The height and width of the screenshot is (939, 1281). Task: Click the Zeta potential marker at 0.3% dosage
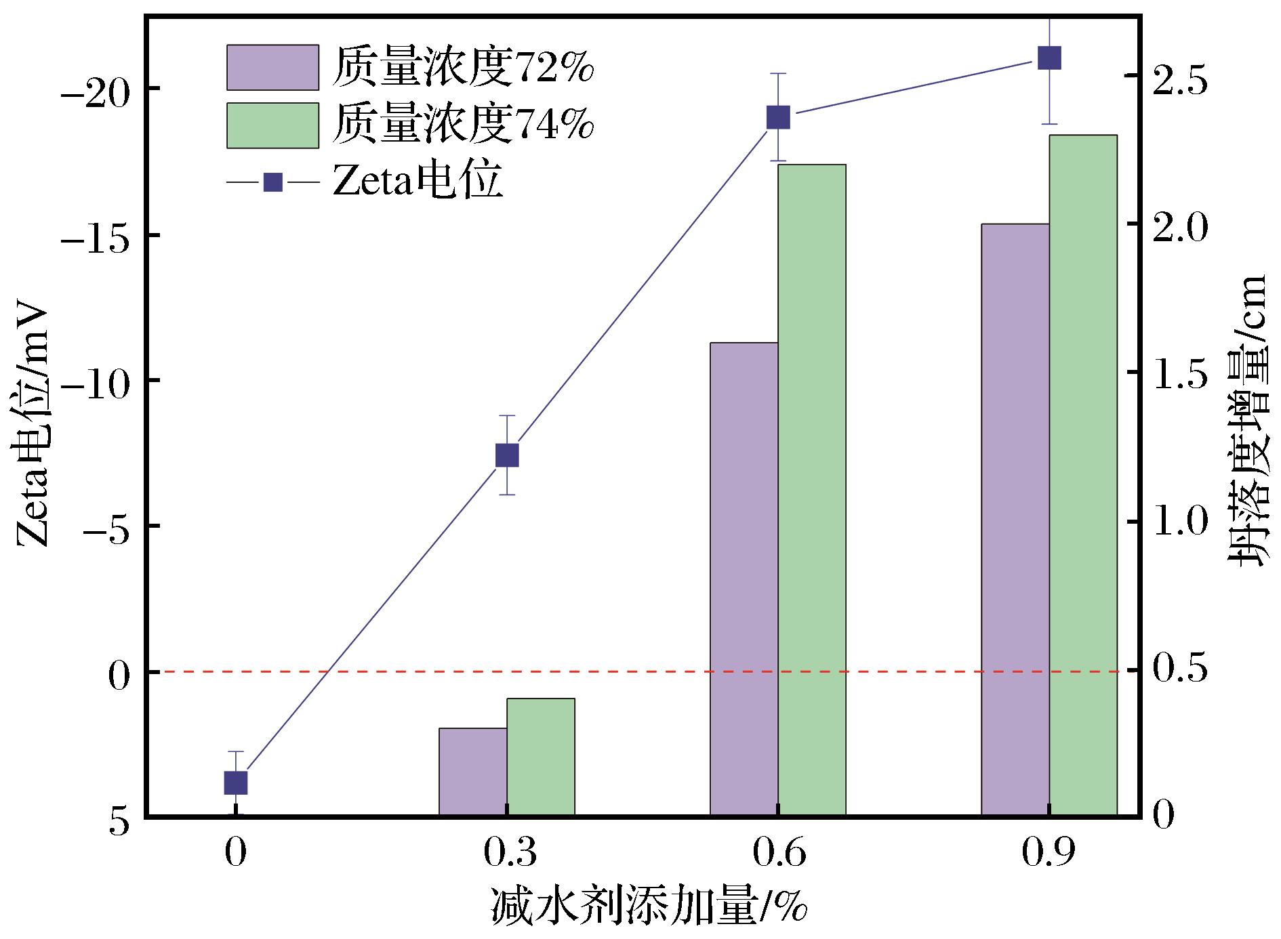[x=507, y=456]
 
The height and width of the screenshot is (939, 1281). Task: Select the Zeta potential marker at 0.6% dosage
[x=778, y=117]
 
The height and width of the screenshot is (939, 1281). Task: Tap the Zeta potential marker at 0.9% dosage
[x=1049, y=58]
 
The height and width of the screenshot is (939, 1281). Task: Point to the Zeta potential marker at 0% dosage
[x=235, y=782]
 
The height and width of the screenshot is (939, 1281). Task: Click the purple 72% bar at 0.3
[x=473, y=772]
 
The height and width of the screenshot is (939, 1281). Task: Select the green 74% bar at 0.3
[x=541, y=757]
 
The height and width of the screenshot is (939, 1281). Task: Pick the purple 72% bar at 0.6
[x=744, y=579]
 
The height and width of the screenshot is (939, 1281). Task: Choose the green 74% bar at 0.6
[x=812, y=490]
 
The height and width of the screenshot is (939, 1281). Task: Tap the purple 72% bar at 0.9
[x=1015, y=520]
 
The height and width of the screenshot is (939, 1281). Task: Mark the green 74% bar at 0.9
[x=1083, y=475]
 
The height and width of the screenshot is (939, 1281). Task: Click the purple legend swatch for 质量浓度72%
[x=272, y=67]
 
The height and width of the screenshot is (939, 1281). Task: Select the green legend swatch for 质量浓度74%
[x=272, y=125]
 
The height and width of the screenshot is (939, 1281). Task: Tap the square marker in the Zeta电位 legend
[x=272, y=182]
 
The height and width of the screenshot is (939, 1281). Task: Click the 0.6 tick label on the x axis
[x=778, y=854]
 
